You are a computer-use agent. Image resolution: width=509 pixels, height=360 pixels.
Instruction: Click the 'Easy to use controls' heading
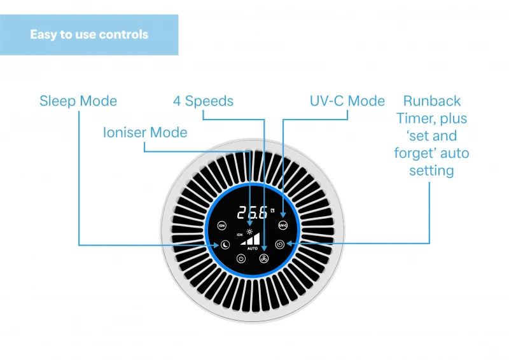coord(89,34)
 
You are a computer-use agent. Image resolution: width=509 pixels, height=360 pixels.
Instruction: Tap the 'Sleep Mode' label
coord(78,101)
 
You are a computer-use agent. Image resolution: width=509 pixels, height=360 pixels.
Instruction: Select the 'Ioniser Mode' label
coord(145,133)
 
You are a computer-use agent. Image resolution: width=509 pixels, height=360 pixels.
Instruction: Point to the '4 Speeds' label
coord(203,101)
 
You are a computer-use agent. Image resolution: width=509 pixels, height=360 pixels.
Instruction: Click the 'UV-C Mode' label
coord(347,101)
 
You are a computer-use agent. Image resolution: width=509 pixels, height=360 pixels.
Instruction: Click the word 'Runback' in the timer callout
coord(432,101)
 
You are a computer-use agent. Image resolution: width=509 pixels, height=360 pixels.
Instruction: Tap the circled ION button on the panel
coord(222,225)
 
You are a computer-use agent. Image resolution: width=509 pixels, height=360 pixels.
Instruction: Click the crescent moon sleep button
coord(225,245)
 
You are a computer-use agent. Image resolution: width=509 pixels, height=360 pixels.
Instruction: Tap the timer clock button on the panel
coord(280,244)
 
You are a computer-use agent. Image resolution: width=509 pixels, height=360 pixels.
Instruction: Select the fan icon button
coord(264,258)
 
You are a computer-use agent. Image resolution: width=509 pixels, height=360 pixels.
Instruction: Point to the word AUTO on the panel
coord(252,247)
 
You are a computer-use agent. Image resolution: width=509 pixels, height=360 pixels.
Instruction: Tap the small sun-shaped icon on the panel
coord(249,230)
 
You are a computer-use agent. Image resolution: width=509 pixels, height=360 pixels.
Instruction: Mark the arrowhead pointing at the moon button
coord(218,245)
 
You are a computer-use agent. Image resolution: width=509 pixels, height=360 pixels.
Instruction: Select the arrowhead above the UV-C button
coord(282,216)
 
